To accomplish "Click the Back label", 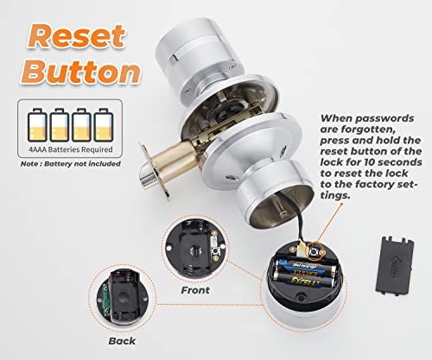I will pos(124,341).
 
